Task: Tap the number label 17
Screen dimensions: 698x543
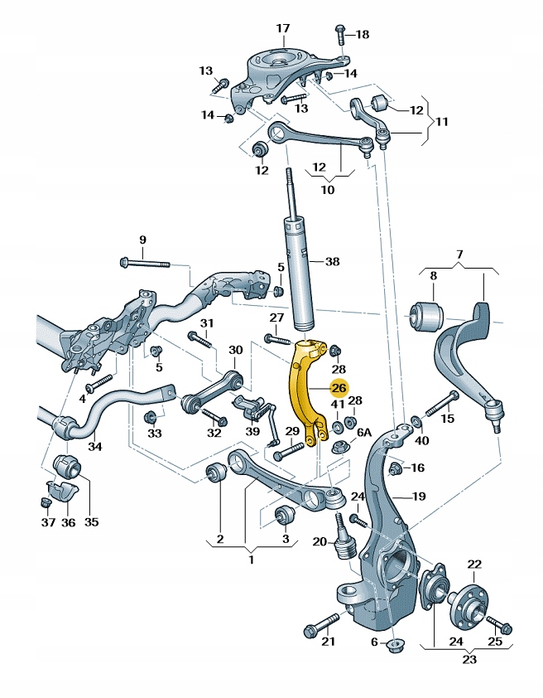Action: pos(283,28)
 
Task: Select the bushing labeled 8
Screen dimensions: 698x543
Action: pos(429,313)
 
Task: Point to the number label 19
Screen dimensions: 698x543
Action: pos(419,497)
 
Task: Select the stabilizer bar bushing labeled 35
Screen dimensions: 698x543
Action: pos(65,466)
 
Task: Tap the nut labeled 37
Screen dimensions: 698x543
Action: pos(46,502)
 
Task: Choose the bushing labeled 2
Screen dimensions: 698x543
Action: pos(217,475)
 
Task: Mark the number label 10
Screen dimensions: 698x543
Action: pos(328,190)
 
